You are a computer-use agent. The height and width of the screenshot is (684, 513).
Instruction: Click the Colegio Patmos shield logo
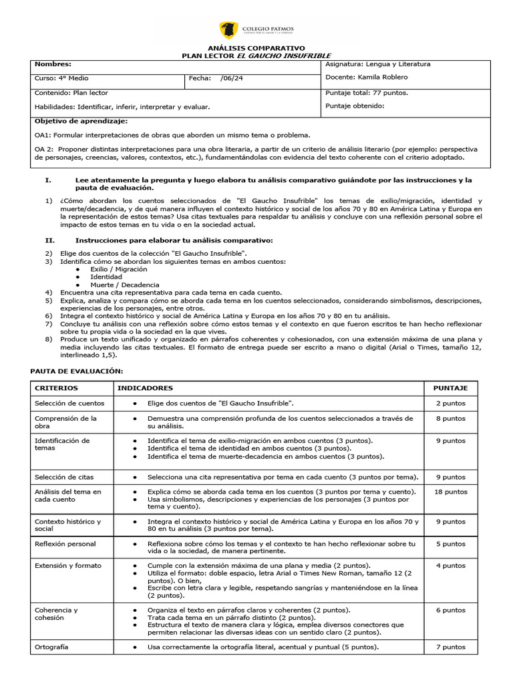228,30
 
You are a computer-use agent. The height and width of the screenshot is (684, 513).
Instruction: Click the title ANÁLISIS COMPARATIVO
256,48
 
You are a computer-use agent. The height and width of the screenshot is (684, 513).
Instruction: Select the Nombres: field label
53,64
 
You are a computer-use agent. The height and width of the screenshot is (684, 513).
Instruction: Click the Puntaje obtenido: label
355,106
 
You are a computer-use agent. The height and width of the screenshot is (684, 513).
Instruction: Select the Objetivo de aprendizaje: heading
80,121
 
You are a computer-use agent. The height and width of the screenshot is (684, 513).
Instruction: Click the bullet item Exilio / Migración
119,269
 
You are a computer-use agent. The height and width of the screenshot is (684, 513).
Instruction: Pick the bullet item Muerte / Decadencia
122,285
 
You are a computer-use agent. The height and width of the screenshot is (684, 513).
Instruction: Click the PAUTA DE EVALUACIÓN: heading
77,371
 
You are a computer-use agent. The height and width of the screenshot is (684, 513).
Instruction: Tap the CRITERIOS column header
56,388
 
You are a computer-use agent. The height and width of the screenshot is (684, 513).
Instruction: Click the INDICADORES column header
145,388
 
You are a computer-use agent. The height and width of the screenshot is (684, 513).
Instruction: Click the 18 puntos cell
451,492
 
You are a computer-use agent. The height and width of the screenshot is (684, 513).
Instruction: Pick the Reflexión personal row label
65,544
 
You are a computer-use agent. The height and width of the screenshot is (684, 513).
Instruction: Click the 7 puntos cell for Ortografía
451,647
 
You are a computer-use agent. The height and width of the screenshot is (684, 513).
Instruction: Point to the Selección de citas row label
64,477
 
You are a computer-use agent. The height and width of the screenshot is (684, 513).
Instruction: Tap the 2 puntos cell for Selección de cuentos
451,403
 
